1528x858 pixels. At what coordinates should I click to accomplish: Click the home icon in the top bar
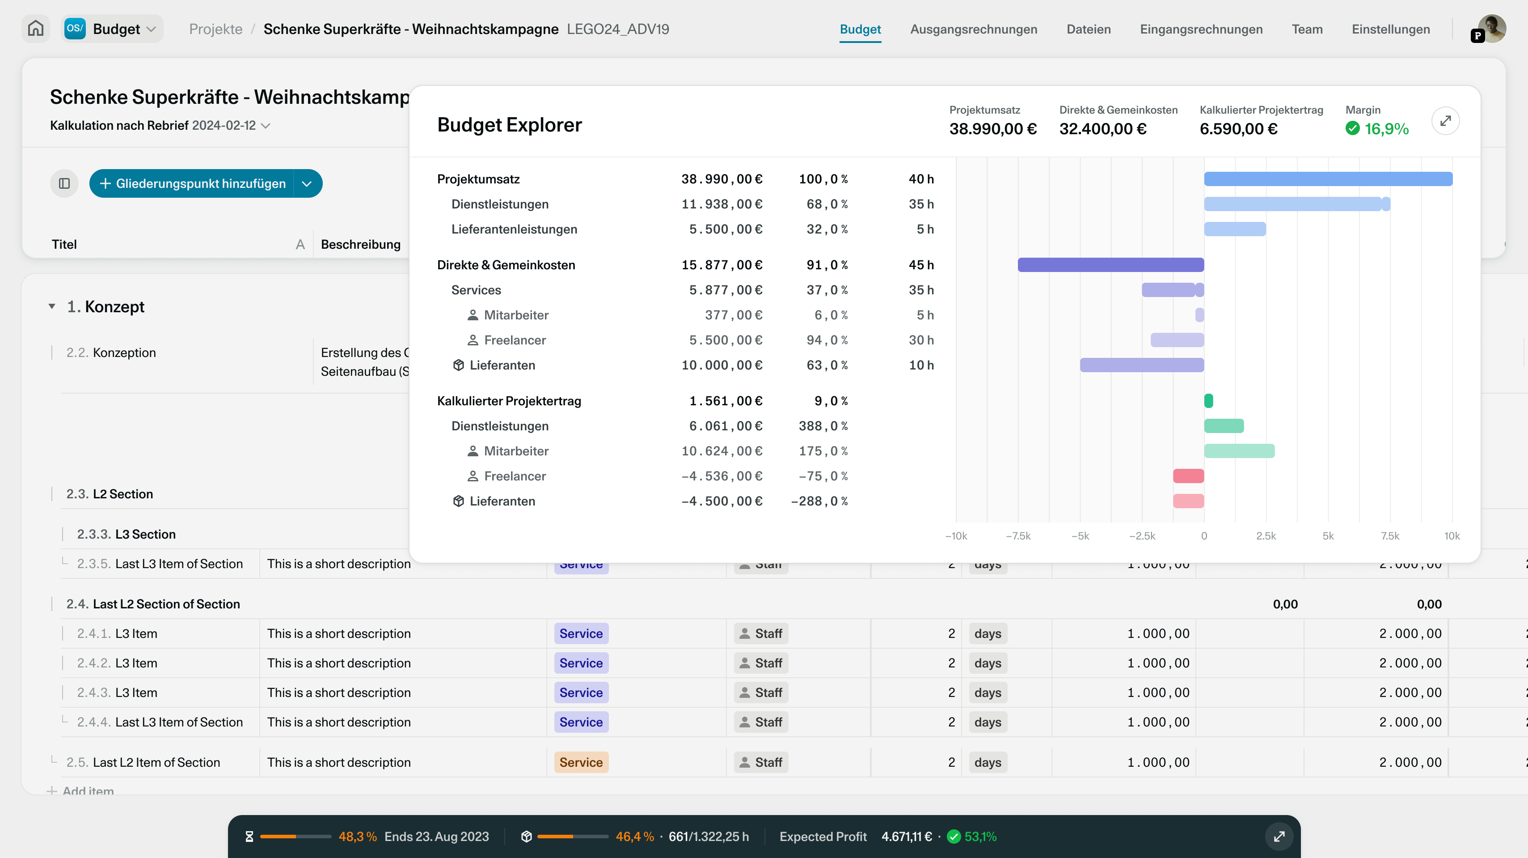(36, 29)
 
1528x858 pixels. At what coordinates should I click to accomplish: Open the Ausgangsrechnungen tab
(973, 29)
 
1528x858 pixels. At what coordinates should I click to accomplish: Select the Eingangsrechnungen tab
(1201, 29)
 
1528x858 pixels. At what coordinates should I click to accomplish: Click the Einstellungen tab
(1390, 29)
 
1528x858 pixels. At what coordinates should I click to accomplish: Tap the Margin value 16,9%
(1386, 129)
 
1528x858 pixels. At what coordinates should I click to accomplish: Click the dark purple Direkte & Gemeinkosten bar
(1110, 265)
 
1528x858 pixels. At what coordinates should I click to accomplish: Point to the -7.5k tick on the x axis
(1018, 536)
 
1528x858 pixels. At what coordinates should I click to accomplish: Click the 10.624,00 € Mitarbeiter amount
(721, 451)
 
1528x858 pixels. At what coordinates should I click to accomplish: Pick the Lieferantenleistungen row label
(514, 229)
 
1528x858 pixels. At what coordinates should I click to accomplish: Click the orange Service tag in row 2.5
(581, 762)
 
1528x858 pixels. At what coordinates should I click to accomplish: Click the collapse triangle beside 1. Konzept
(52, 306)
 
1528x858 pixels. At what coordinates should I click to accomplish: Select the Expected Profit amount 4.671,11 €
(906, 836)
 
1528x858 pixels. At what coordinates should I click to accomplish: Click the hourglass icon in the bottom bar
(249, 836)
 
